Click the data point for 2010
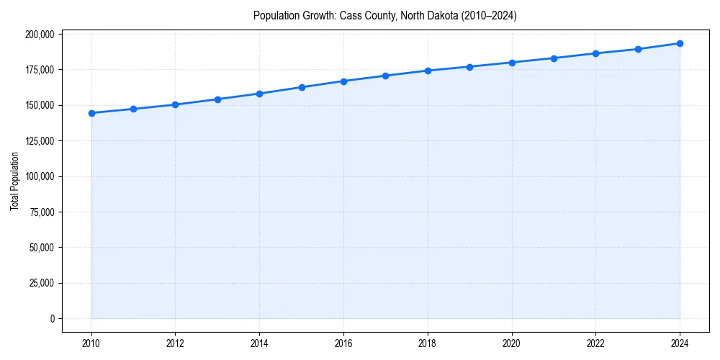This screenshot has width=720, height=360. (91, 113)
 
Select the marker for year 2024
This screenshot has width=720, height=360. (680, 43)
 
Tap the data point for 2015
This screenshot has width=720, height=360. (302, 87)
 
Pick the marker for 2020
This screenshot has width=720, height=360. (512, 63)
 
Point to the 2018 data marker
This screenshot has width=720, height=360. (428, 71)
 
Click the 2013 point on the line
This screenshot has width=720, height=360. (217, 99)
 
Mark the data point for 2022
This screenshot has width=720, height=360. (595, 53)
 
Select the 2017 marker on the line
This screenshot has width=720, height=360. (385, 76)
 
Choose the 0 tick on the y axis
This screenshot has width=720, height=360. (52, 318)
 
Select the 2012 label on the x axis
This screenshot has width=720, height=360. (175, 343)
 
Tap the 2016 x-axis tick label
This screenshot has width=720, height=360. (343, 343)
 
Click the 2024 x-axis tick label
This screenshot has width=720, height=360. (680, 343)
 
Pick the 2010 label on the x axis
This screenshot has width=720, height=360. (91, 343)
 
